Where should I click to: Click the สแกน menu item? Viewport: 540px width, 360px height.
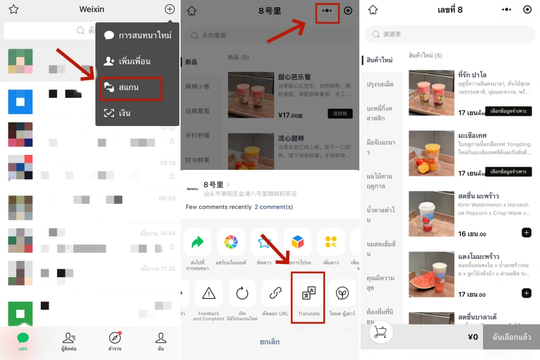click(131, 88)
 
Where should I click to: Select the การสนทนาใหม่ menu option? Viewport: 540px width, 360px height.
click(137, 35)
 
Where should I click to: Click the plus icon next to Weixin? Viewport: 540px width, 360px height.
click(170, 9)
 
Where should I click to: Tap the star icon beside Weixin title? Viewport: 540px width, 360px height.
click(13, 9)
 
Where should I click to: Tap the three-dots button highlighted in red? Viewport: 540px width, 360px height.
click(327, 11)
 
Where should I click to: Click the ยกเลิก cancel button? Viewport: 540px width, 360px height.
click(269, 341)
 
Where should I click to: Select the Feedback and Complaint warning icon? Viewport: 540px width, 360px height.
click(209, 293)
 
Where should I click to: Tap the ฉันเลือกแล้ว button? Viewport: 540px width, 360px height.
click(511, 337)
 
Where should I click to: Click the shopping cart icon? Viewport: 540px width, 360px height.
click(380, 332)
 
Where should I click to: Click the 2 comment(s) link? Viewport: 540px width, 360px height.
click(274, 207)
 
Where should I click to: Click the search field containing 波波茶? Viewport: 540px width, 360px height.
click(450, 34)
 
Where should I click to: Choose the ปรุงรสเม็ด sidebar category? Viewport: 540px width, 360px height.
click(380, 84)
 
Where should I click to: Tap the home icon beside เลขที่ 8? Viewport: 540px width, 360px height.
click(373, 10)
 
